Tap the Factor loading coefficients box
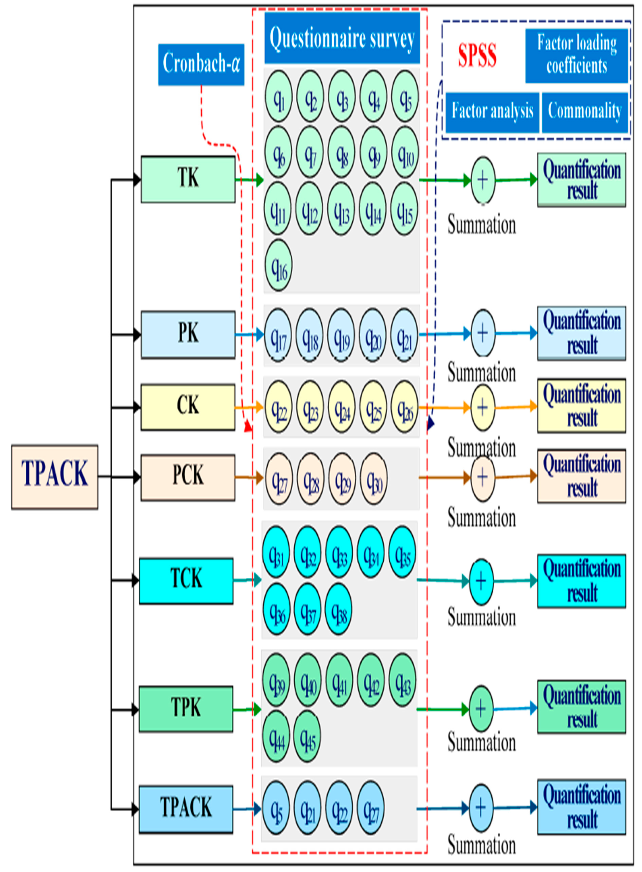tap(576, 55)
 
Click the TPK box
tap(186, 709)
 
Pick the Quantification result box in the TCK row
tap(581, 581)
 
